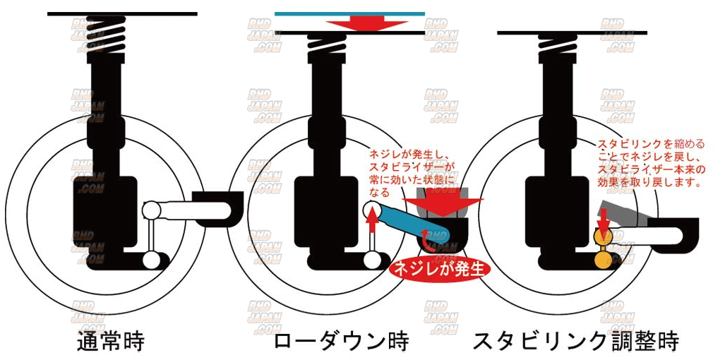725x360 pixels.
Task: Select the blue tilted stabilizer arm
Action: click(x=409, y=222)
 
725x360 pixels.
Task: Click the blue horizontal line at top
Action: click(x=349, y=13)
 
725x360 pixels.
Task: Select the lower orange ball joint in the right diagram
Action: click(x=604, y=260)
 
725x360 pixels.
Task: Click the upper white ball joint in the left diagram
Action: click(x=150, y=210)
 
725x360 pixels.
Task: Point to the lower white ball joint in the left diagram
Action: click(x=150, y=260)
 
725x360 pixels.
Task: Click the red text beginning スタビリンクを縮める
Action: click(x=649, y=162)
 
